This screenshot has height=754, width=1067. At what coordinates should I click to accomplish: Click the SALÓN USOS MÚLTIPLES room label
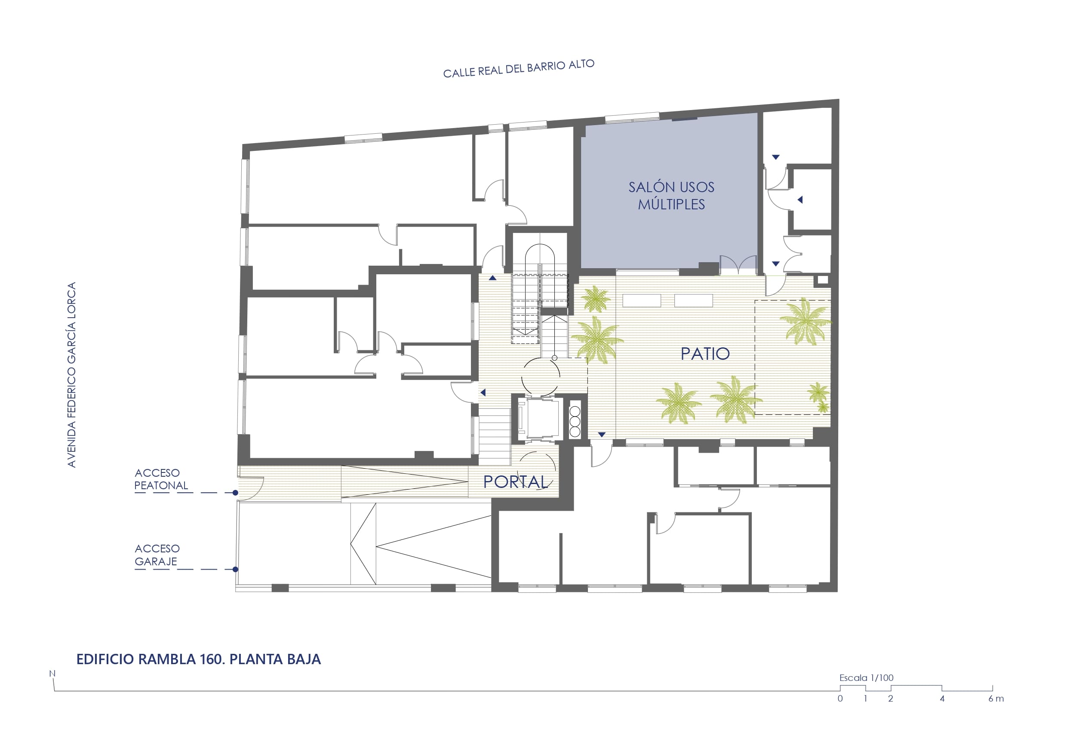(671, 196)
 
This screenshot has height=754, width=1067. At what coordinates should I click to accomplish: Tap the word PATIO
(705, 354)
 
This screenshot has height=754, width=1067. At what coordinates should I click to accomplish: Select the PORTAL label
(515, 482)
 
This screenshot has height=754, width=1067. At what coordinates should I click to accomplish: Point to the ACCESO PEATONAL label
(161, 479)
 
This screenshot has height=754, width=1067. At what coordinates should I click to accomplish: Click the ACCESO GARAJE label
(157, 555)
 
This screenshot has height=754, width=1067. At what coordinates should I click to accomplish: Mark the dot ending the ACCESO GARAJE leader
(236, 570)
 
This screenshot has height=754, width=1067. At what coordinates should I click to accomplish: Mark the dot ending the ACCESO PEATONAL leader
(236, 493)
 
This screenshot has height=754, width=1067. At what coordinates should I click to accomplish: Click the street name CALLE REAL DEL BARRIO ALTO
(519, 69)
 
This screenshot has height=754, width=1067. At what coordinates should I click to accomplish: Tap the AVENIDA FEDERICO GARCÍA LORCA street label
(71, 374)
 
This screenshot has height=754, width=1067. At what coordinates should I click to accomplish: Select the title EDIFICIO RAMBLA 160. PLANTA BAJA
(198, 659)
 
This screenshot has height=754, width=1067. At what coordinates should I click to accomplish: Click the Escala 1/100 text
(866, 678)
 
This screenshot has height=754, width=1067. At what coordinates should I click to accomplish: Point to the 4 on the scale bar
(942, 699)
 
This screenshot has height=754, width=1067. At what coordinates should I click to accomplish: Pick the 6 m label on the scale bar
(996, 699)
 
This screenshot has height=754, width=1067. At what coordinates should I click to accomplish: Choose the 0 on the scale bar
(840, 699)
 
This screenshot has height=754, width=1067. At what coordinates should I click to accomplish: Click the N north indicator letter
(52, 674)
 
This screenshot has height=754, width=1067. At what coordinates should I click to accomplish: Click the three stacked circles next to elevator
(575, 422)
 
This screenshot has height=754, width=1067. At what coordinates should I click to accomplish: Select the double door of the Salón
(738, 264)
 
